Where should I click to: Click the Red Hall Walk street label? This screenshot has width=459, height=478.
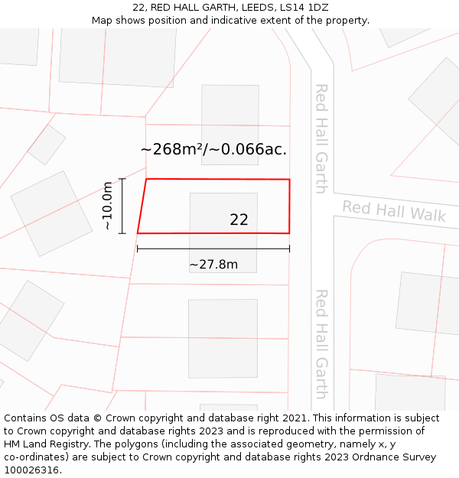(x=393, y=210)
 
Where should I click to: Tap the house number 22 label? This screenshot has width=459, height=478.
(x=239, y=219)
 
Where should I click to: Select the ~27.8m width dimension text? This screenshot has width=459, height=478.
(x=213, y=265)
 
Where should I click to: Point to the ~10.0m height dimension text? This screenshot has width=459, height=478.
(x=107, y=206)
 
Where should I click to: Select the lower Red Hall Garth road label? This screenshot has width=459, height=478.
(x=321, y=343)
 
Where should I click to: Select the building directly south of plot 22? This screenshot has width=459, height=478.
(x=223, y=327)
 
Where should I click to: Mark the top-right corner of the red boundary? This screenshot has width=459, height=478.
(x=289, y=180)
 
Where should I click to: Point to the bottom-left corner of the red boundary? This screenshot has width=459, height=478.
(x=138, y=232)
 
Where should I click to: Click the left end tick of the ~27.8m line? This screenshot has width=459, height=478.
(x=138, y=249)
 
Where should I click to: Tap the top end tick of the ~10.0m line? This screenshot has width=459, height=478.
(x=122, y=179)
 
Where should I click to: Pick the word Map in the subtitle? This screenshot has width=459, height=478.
(x=103, y=20)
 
